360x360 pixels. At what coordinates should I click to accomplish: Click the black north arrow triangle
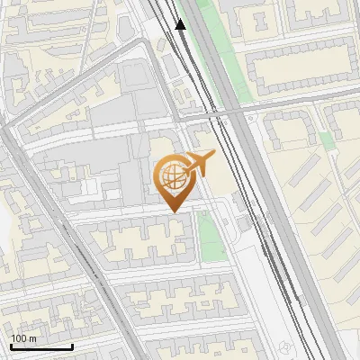[x=180, y=24]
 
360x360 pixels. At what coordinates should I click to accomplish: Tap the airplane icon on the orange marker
[x=199, y=164]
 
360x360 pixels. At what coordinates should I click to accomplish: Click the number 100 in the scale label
[x=19, y=338]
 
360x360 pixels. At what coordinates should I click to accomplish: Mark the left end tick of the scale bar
[x=11, y=346]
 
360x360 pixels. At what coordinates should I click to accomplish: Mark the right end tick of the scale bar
[x=72, y=346]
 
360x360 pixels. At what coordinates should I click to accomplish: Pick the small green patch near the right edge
[x=326, y=139]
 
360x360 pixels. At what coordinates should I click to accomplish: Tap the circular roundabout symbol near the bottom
[x=286, y=348]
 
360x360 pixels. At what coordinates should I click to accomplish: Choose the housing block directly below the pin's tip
[x=144, y=239]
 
